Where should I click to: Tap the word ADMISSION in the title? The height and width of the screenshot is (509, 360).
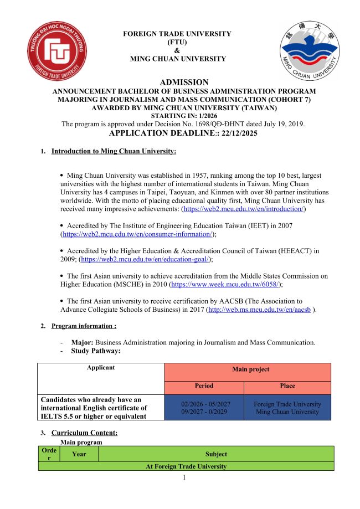coord(184,82)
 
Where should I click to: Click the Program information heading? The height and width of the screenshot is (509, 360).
coord(84,326)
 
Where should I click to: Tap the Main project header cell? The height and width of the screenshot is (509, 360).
coord(247,369)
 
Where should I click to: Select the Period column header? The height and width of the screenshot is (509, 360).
coord(204,385)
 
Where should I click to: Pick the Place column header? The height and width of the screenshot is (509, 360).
coord(287,385)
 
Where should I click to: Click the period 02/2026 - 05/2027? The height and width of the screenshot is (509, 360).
coord(204,404)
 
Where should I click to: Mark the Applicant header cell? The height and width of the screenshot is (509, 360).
coord(101,367)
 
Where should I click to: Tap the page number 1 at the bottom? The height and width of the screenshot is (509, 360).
coord(183,477)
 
